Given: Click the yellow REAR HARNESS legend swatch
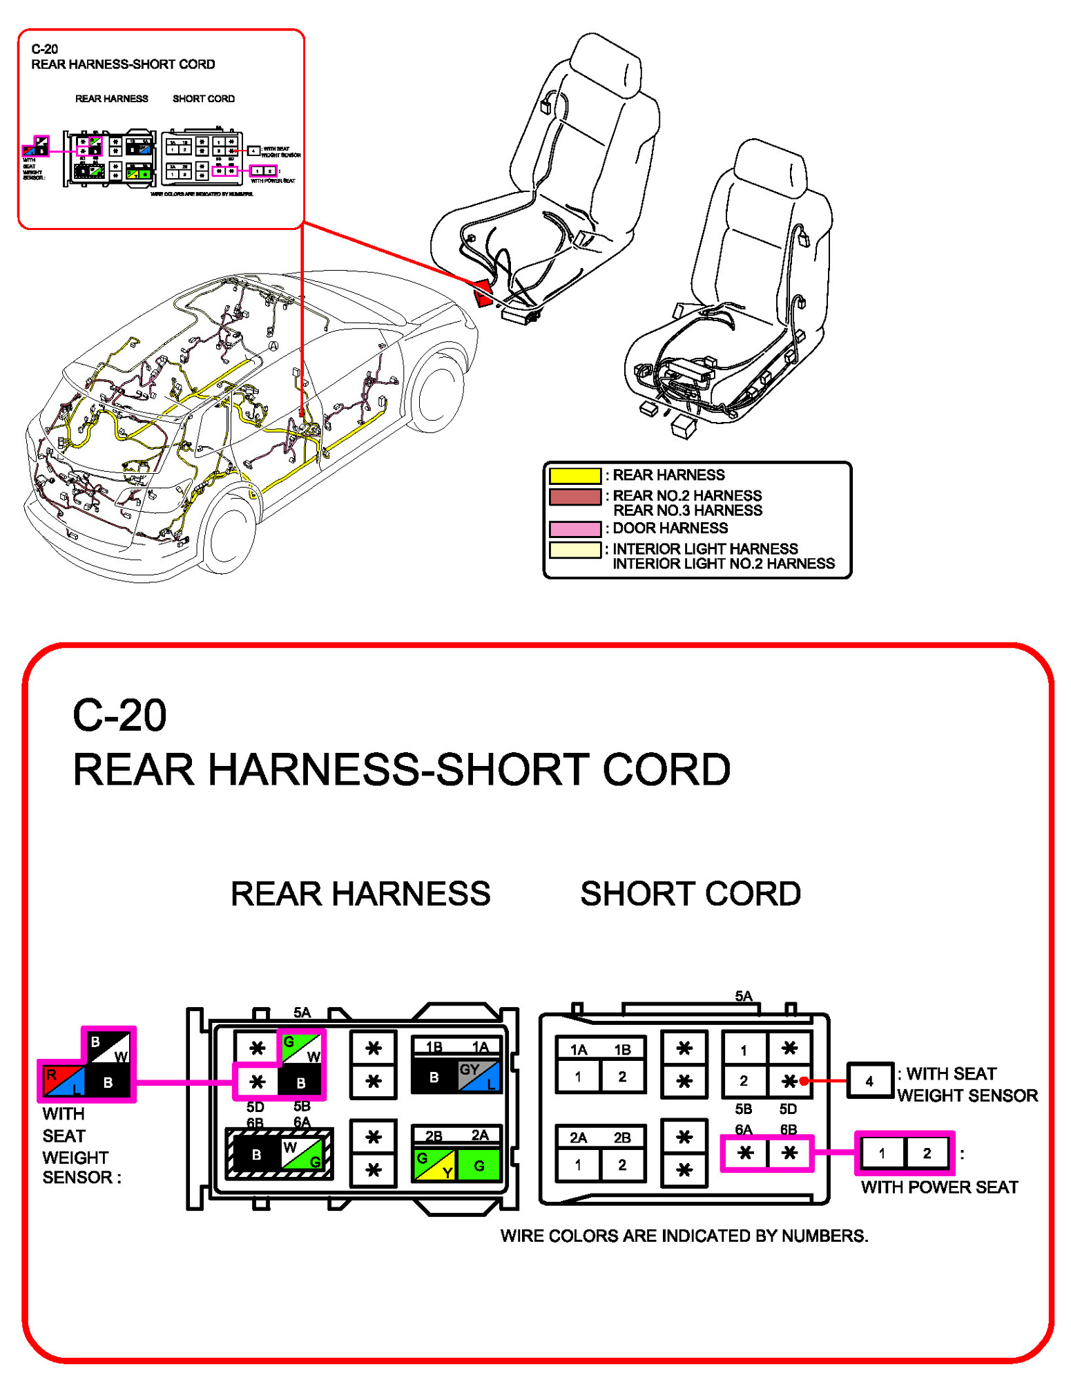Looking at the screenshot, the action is [575, 475].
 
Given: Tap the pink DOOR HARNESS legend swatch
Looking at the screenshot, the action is [575, 528].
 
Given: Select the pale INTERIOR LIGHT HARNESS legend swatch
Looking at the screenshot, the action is [575, 550].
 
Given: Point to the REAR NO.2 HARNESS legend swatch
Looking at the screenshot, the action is [575, 497].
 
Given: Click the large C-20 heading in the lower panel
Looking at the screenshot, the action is [119, 716].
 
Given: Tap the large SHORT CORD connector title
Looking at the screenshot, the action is [690, 894].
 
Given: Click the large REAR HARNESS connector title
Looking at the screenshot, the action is [360, 894].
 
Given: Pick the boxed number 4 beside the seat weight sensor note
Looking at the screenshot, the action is [869, 1082].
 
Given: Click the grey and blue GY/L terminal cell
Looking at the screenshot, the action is [479, 1076].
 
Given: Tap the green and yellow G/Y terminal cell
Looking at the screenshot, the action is [434, 1165].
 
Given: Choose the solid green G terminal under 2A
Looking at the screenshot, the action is [479, 1166].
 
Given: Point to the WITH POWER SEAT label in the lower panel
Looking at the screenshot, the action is [939, 1187].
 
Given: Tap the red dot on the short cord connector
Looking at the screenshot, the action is [804, 1081].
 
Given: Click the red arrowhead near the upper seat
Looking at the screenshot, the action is [482, 294].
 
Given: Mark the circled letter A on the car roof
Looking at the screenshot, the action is [273, 346].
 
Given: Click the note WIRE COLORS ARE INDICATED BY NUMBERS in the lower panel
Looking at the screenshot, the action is [684, 1236].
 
